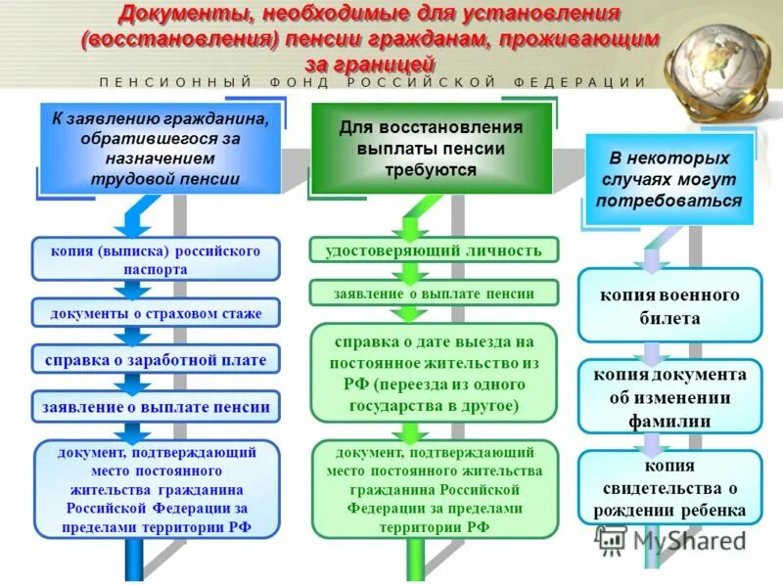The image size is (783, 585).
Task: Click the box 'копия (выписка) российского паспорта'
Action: [156, 259]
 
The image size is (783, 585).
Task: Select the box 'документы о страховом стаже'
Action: [156, 313]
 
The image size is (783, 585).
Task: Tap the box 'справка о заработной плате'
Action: [156, 360]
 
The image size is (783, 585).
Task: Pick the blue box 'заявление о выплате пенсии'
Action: [156, 406]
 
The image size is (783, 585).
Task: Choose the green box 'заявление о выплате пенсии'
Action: [435, 292]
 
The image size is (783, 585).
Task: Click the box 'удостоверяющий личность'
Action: [435, 250]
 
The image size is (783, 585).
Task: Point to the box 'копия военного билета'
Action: [669, 305]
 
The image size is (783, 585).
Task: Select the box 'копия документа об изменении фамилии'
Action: [669, 397]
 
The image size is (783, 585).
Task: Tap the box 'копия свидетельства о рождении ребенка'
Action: [669, 487]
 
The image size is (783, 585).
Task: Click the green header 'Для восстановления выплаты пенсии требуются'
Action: [431, 149]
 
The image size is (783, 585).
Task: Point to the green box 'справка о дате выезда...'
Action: [435, 373]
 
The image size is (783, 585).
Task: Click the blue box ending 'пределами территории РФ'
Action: [157, 489]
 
